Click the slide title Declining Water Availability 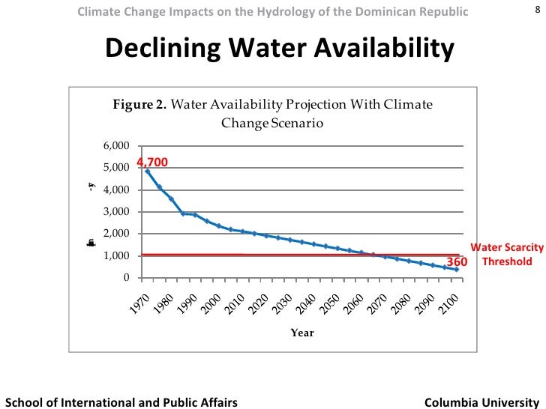click(x=280, y=49)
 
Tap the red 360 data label click(x=457, y=262)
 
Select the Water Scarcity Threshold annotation click(x=506, y=255)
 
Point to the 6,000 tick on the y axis click(x=116, y=145)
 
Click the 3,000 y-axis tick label click(x=116, y=212)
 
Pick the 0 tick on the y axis click(x=125, y=278)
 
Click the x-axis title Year click(x=303, y=333)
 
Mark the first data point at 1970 click(x=147, y=172)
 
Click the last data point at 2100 click(x=457, y=270)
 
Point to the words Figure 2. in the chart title click(x=139, y=104)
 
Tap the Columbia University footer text click(x=481, y=402)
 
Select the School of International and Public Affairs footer click(x=121, y=402)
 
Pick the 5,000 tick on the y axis click(x=116, y=168)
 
